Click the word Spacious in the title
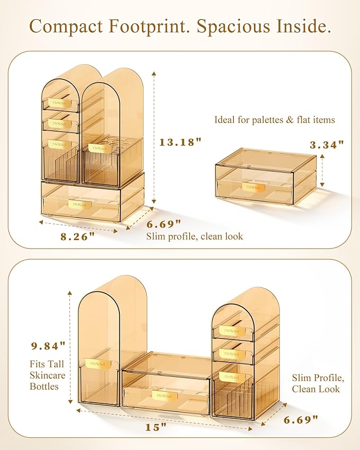(233, 27)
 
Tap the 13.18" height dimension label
(181, 142)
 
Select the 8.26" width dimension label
(77, 237)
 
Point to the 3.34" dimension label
(327, 145)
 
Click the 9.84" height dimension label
(49, 346)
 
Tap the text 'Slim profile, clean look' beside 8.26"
(195, 236)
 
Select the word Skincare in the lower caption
(47, 375)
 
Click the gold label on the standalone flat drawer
(253, 187)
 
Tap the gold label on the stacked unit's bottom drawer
(80, 205)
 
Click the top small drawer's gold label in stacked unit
(60, 103)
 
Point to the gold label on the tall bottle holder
(96, 364)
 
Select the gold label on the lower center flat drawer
(164, 395)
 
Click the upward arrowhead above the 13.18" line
(154, 74)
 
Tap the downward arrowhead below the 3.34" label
(322, 184)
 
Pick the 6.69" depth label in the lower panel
(301, 420)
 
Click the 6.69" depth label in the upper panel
(164, 224)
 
